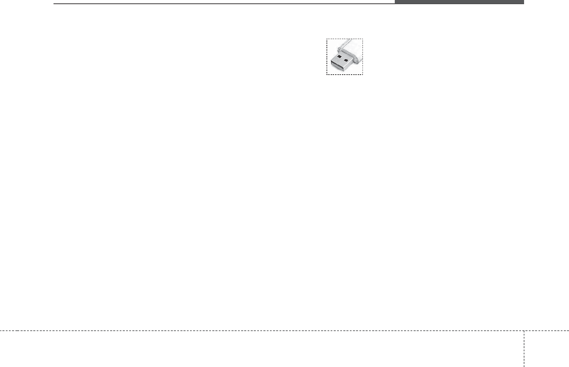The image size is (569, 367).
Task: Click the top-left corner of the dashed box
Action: (327, 39)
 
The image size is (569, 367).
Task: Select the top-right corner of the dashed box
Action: (363, 39)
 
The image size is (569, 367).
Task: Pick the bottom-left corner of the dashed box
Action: (327, 75)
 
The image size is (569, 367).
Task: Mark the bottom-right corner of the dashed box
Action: (363, 75)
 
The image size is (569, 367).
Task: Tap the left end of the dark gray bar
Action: (395, 2)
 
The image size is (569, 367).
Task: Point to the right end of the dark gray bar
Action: (523, 2)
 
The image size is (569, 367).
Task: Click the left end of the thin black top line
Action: (54, 4)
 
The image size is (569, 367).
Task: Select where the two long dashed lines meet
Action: (524, 331)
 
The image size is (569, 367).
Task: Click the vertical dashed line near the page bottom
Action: (524, 349)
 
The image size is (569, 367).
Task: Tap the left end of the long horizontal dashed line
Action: (1, 331)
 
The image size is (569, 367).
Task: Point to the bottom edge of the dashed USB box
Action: (345, 75)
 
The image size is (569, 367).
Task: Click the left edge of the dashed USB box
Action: (327, 56)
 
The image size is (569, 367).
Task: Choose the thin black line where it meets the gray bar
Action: (394, 4)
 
